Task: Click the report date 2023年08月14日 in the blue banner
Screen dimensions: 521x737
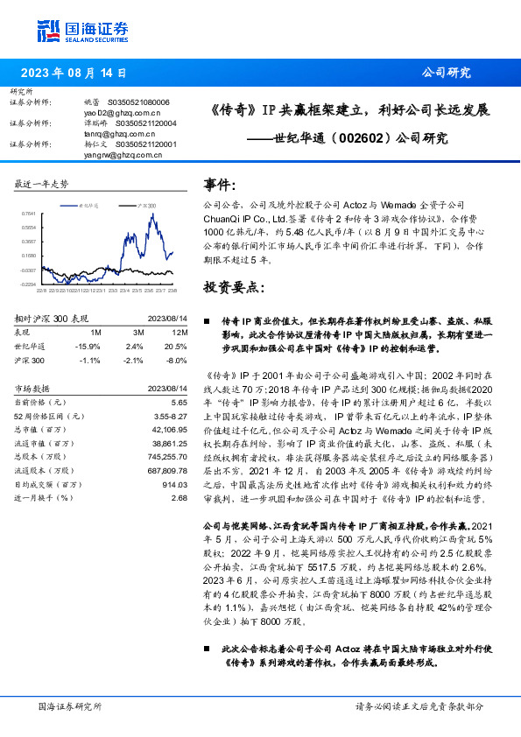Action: (72, 73)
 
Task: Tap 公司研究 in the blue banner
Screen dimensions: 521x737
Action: (446, 73)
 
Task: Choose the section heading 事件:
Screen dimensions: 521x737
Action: (220, 186)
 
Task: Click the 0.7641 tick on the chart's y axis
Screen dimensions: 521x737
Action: (29, 213)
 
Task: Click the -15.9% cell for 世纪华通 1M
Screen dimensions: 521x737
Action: (88, 346)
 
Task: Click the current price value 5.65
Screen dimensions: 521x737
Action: (179, 402)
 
